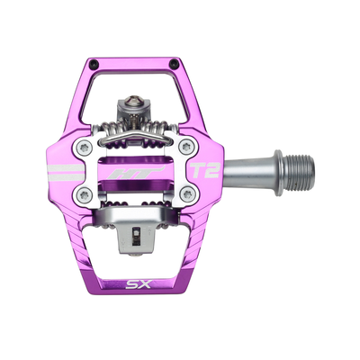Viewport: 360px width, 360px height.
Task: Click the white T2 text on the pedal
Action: pyautogui.click(x=206, y=170)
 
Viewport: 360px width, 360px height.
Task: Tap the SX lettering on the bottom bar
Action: pyautogui.click(x=139, y=283)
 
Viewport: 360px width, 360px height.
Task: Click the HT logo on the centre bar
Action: pyautogui.click(x=136, y=173)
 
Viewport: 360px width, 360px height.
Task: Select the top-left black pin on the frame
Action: pyautogui.click(x=94, y=63)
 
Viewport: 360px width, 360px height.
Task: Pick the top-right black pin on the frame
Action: pyautogui.click(x=174, y=64)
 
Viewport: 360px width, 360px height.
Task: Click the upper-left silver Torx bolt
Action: pyautogui.click(x=83, y=147)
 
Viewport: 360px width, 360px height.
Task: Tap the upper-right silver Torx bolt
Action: pyautogui.click(x=185, y=147)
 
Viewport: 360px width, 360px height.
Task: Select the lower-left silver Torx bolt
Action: pyautogui.click(x=83, y=195)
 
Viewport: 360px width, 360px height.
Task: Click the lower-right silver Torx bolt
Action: pyautogui.click(x=187, y=195)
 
